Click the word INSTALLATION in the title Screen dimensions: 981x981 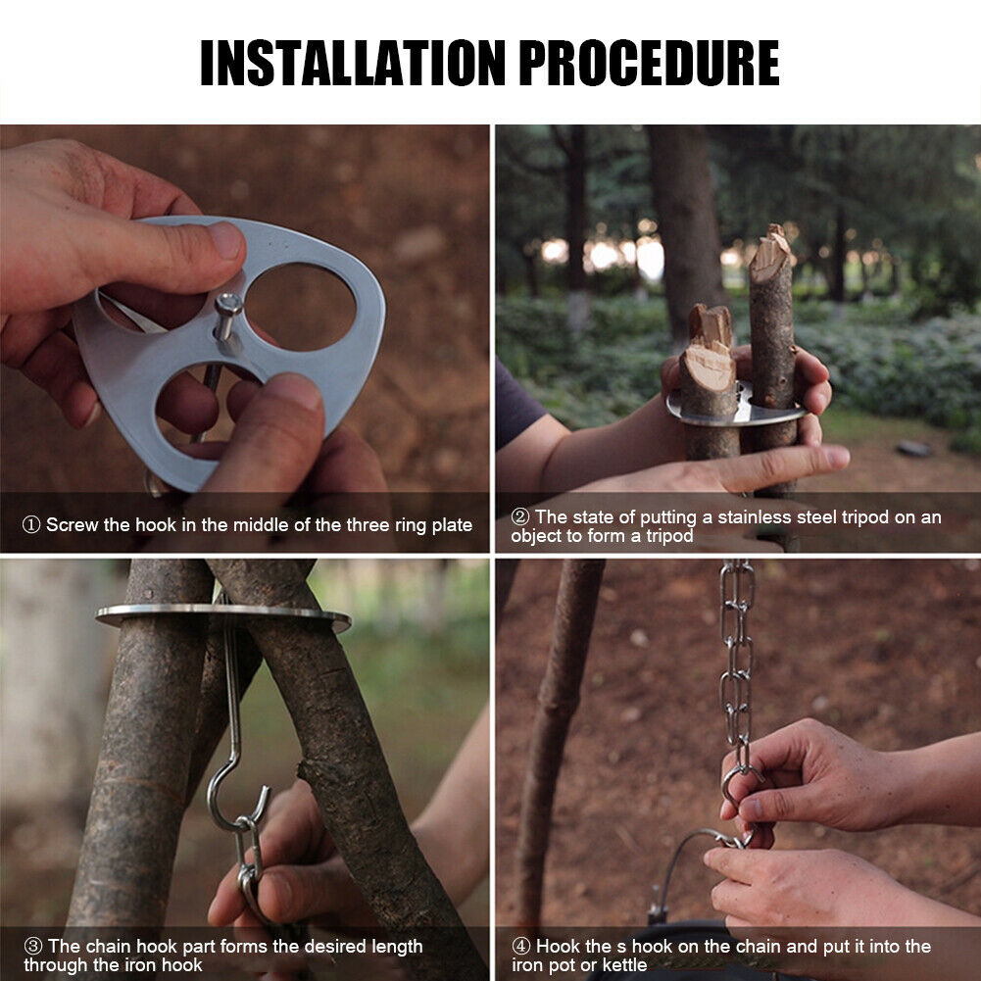(x=352, y=63)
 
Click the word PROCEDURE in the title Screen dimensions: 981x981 (x=649, y=63)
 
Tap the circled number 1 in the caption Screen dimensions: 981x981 (x=31, y=524)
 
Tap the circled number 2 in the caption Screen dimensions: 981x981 (x=520, y=516)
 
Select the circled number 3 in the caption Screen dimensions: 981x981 (x=33, y=946)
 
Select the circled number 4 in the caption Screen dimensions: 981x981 (x=521, y=946)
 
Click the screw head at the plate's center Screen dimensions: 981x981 (x=228, y=305)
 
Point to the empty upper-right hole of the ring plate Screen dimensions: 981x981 (x=300, y=306)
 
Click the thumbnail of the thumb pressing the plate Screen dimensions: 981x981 (x=225, y=240)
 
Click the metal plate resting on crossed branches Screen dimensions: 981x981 (x=223, y=615)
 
